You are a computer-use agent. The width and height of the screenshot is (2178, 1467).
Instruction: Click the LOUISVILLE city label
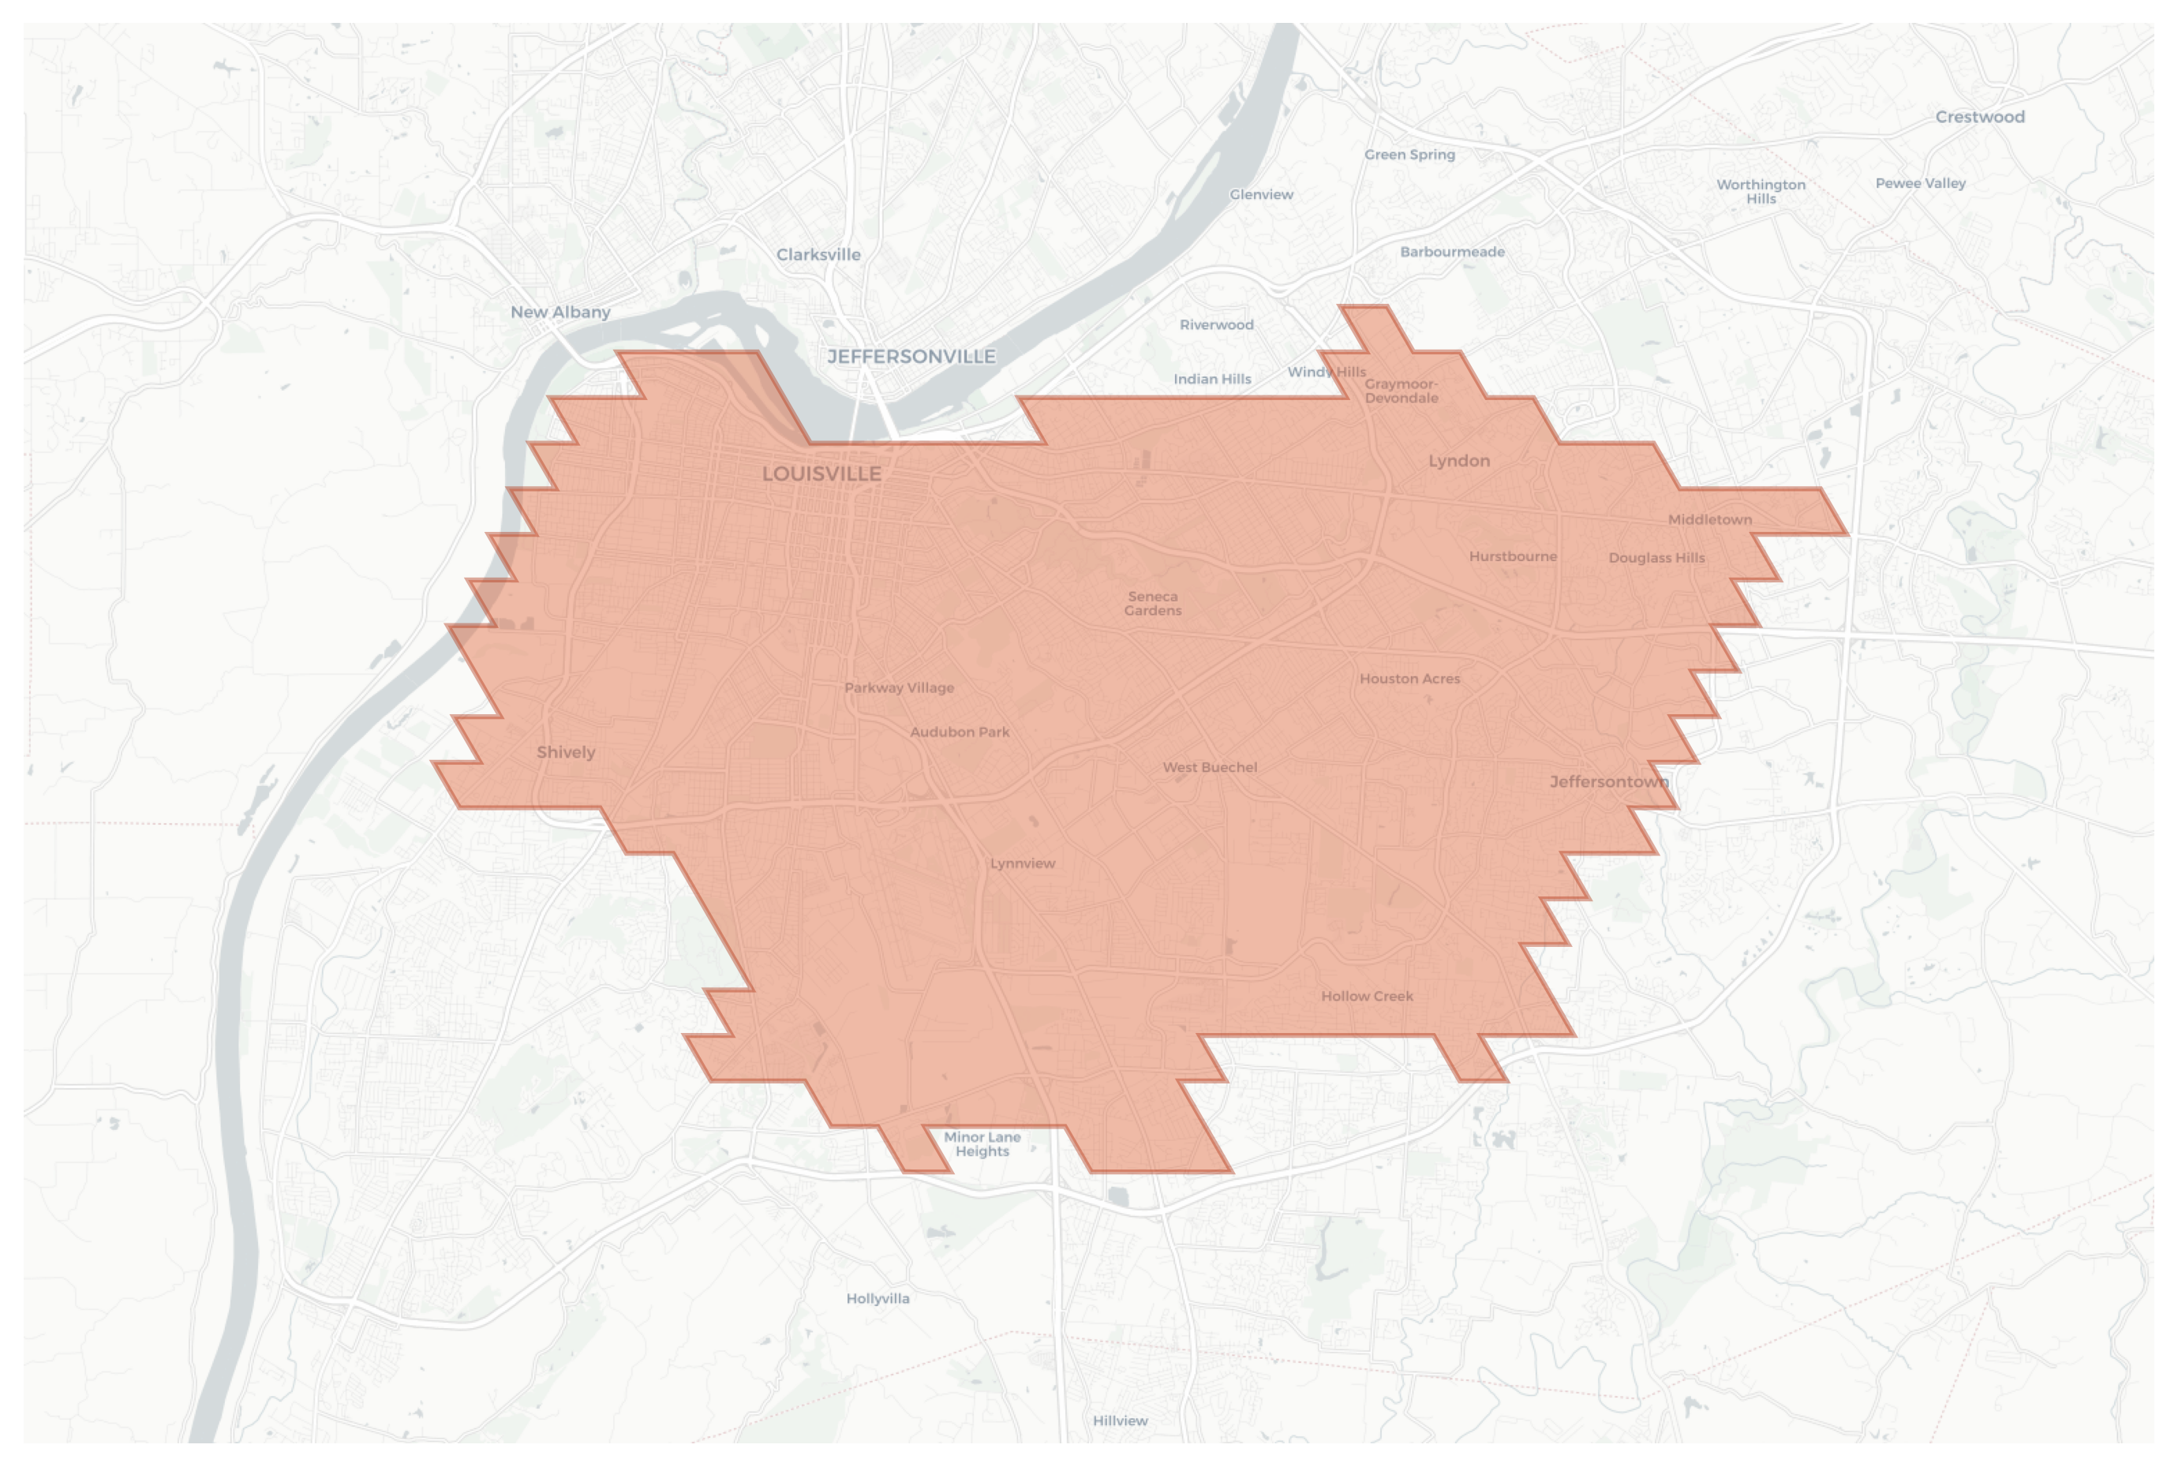tap(821, 473)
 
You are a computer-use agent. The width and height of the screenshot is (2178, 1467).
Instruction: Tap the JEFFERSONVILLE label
tap(911, 357)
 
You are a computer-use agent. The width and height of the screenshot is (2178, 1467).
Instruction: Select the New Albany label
tap(560, 312)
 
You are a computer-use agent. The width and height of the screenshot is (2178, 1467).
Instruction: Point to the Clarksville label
tap(818, 254)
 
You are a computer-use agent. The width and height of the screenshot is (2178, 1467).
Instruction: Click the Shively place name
tap(566, 752)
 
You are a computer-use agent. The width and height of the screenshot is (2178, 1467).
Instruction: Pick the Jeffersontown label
tap(1609, 781)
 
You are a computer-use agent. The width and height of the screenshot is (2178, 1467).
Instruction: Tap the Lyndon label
tap(1458, 460)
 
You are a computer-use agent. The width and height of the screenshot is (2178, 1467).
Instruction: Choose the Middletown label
tap(1710, 519)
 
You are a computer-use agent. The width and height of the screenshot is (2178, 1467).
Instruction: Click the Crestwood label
tap(1980, 117)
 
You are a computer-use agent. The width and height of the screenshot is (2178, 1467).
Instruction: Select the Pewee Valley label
tap(1920, 183)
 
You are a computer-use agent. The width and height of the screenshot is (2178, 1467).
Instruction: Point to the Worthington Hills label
tap(1761, 191)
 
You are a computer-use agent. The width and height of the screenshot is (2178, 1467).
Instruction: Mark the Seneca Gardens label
tap(1153, 604)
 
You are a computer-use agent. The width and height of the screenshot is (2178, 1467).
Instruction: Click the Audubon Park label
tap(960, 732)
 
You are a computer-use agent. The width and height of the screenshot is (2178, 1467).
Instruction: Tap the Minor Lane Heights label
tap(982, 1143)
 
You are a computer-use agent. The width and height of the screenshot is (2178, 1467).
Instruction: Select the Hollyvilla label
tap(878, 1299)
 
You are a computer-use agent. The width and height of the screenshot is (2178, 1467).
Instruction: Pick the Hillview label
tap(1120, 1420)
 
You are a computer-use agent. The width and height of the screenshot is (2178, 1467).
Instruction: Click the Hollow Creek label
tap(1367, 997)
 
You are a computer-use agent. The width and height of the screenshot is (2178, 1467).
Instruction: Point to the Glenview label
tap(1261, 195)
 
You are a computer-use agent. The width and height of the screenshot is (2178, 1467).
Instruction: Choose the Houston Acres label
tap(1410, 679)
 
